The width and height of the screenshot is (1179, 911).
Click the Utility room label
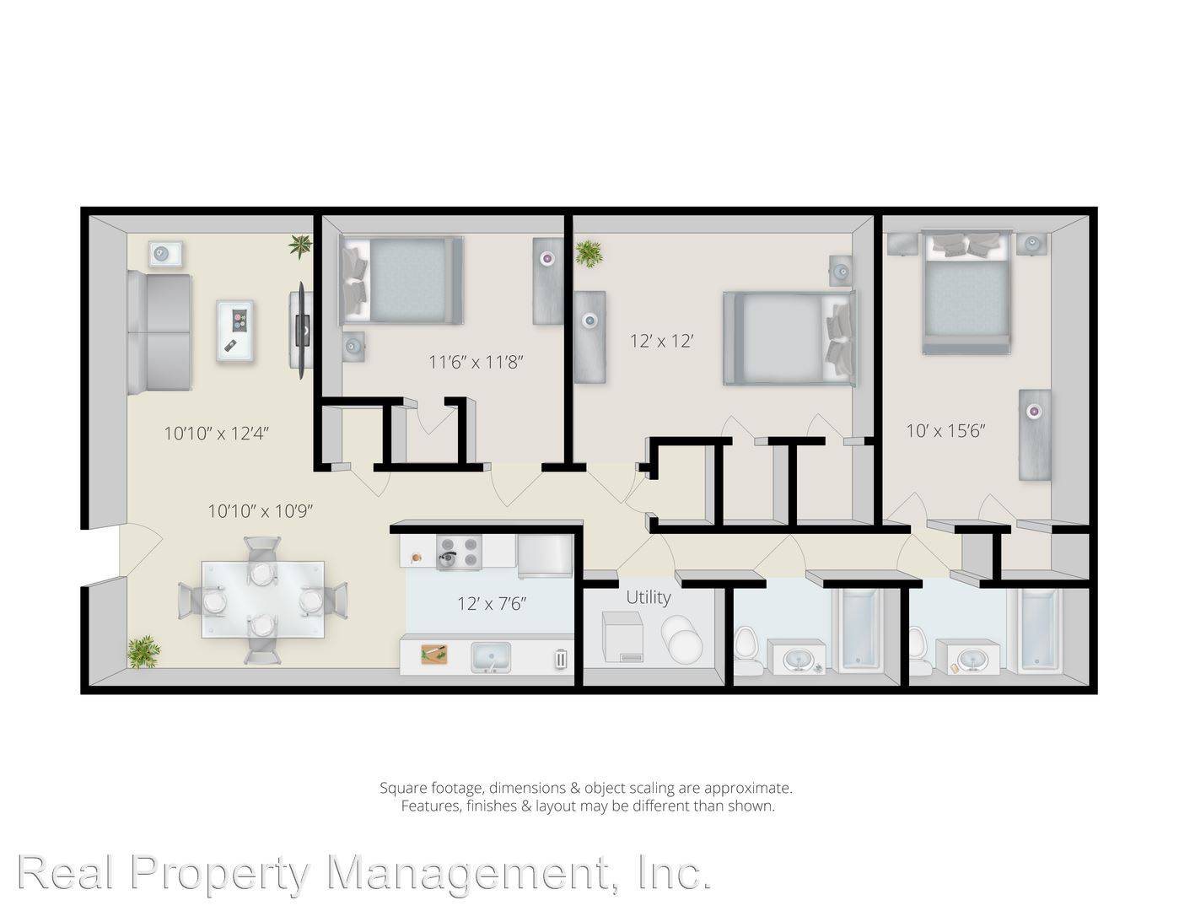tap(648, 597)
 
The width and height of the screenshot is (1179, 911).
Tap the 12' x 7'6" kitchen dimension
tap(492, 603)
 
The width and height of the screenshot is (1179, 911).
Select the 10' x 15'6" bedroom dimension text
tap(945, 431)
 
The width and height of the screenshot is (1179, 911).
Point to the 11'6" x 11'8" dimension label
tap(476, 361)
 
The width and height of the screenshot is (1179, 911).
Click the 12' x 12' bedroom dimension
tap(662, 341)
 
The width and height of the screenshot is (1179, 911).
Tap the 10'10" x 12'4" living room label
tap(217, 433)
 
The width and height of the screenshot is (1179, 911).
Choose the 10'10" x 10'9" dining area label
tap(261, 510)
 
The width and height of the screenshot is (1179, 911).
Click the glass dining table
tap(262, 600)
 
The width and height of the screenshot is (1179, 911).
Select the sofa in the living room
tap(159, 333)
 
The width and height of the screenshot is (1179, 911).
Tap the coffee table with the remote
tap(235, 331)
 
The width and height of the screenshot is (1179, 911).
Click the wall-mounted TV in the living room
tap(302, 330)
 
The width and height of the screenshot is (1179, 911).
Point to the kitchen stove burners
tap(459, 553)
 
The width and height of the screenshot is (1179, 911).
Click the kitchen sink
tap(491, 657)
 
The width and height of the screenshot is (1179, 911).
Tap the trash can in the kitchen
tap(561, 659)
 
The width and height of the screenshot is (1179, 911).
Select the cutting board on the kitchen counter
tap(434, 654)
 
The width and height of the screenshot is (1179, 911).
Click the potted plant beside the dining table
tap(143, 653)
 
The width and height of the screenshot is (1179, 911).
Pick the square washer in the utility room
tap(622, 637)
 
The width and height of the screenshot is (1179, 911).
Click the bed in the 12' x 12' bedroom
tap(789, 338)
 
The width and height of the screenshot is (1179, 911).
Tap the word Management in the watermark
tap(469, 873)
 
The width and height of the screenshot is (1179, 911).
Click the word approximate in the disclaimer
tap(748, 788)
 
